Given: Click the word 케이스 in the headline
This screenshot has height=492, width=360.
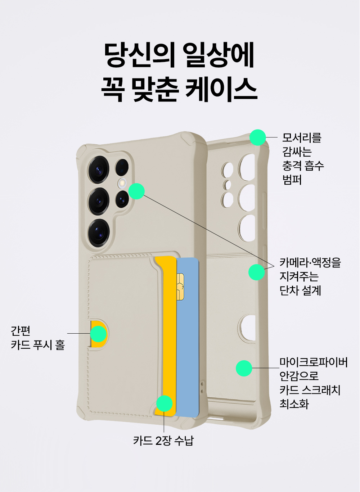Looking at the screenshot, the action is [x=221, y=90].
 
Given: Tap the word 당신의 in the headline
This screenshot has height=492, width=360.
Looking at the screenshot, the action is [x=140, y=55].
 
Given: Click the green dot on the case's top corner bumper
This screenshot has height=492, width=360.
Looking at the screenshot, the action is [x=258, y=137].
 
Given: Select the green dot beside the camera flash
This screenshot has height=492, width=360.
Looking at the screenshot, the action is [x=136, y=191].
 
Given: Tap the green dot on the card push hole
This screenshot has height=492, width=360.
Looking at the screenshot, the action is [x=99, y=334].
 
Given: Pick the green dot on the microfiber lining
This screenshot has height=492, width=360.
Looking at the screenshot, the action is [x=244, y=368].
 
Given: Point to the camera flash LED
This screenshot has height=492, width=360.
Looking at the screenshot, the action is [x=122, y=183].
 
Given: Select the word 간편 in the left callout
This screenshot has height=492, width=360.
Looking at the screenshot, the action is [x=21, y=331].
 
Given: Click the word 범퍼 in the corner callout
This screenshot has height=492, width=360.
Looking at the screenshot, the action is [x=292, y=180].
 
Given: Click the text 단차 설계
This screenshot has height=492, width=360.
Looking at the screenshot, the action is [x=300, y=290].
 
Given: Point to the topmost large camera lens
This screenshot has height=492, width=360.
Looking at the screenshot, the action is [x=99, y=170].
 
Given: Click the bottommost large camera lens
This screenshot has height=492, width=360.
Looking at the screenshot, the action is [x=99, y=233].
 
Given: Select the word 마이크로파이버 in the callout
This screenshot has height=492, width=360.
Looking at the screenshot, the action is [x=314, y=362].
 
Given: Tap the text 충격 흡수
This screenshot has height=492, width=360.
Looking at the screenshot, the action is [x=303, y=166].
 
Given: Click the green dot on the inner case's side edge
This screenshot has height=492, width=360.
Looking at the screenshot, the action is [x=257, y=272].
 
